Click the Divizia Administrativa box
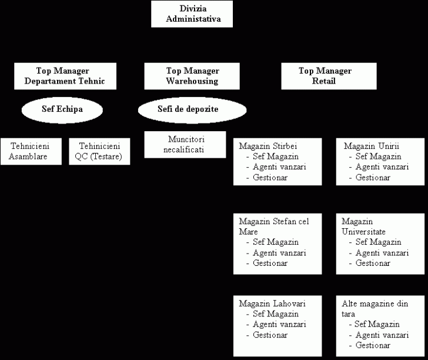(x=192, y=14)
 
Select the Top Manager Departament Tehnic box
(x=64, y=76)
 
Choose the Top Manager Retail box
(x=325, y=76)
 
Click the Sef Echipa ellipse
(x=62, y=109)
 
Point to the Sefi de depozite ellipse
(x=192, y=109)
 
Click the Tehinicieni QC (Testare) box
(x=99, y=151)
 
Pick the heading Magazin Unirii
(x=371, y=146)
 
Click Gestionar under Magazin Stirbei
(x=270, y=178)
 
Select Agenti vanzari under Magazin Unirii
(x=382, y=167)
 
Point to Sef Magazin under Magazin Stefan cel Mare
(x=275, y=242)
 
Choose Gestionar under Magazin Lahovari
(x=270, y=335)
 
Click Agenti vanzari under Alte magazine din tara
(x=381, y=335)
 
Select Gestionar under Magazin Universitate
(x=373, y=263)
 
